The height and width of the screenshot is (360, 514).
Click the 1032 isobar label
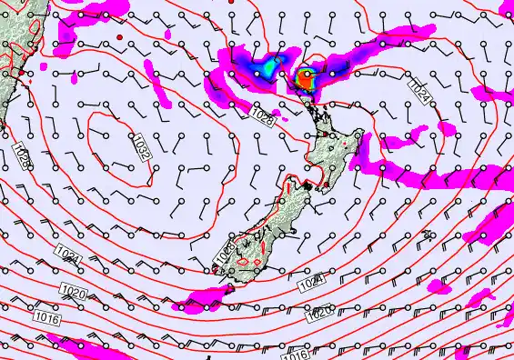pyautogui.click(x=144, y=150)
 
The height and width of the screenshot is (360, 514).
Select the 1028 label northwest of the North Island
pyautogui.click(x=264, y=116)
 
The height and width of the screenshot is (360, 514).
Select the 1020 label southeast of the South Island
pyautogui.click(x=319, y=314)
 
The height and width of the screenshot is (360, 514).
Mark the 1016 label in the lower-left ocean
pyautogui.click(x=47, y=317)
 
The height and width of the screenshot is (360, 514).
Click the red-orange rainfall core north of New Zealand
pyautogui.click(x=304, y=78)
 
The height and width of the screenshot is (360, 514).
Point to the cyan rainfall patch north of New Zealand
pyautogui.click(x=271, y=66)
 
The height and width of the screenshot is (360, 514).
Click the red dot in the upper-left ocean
pyautogui.click(x=119, y=36)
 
